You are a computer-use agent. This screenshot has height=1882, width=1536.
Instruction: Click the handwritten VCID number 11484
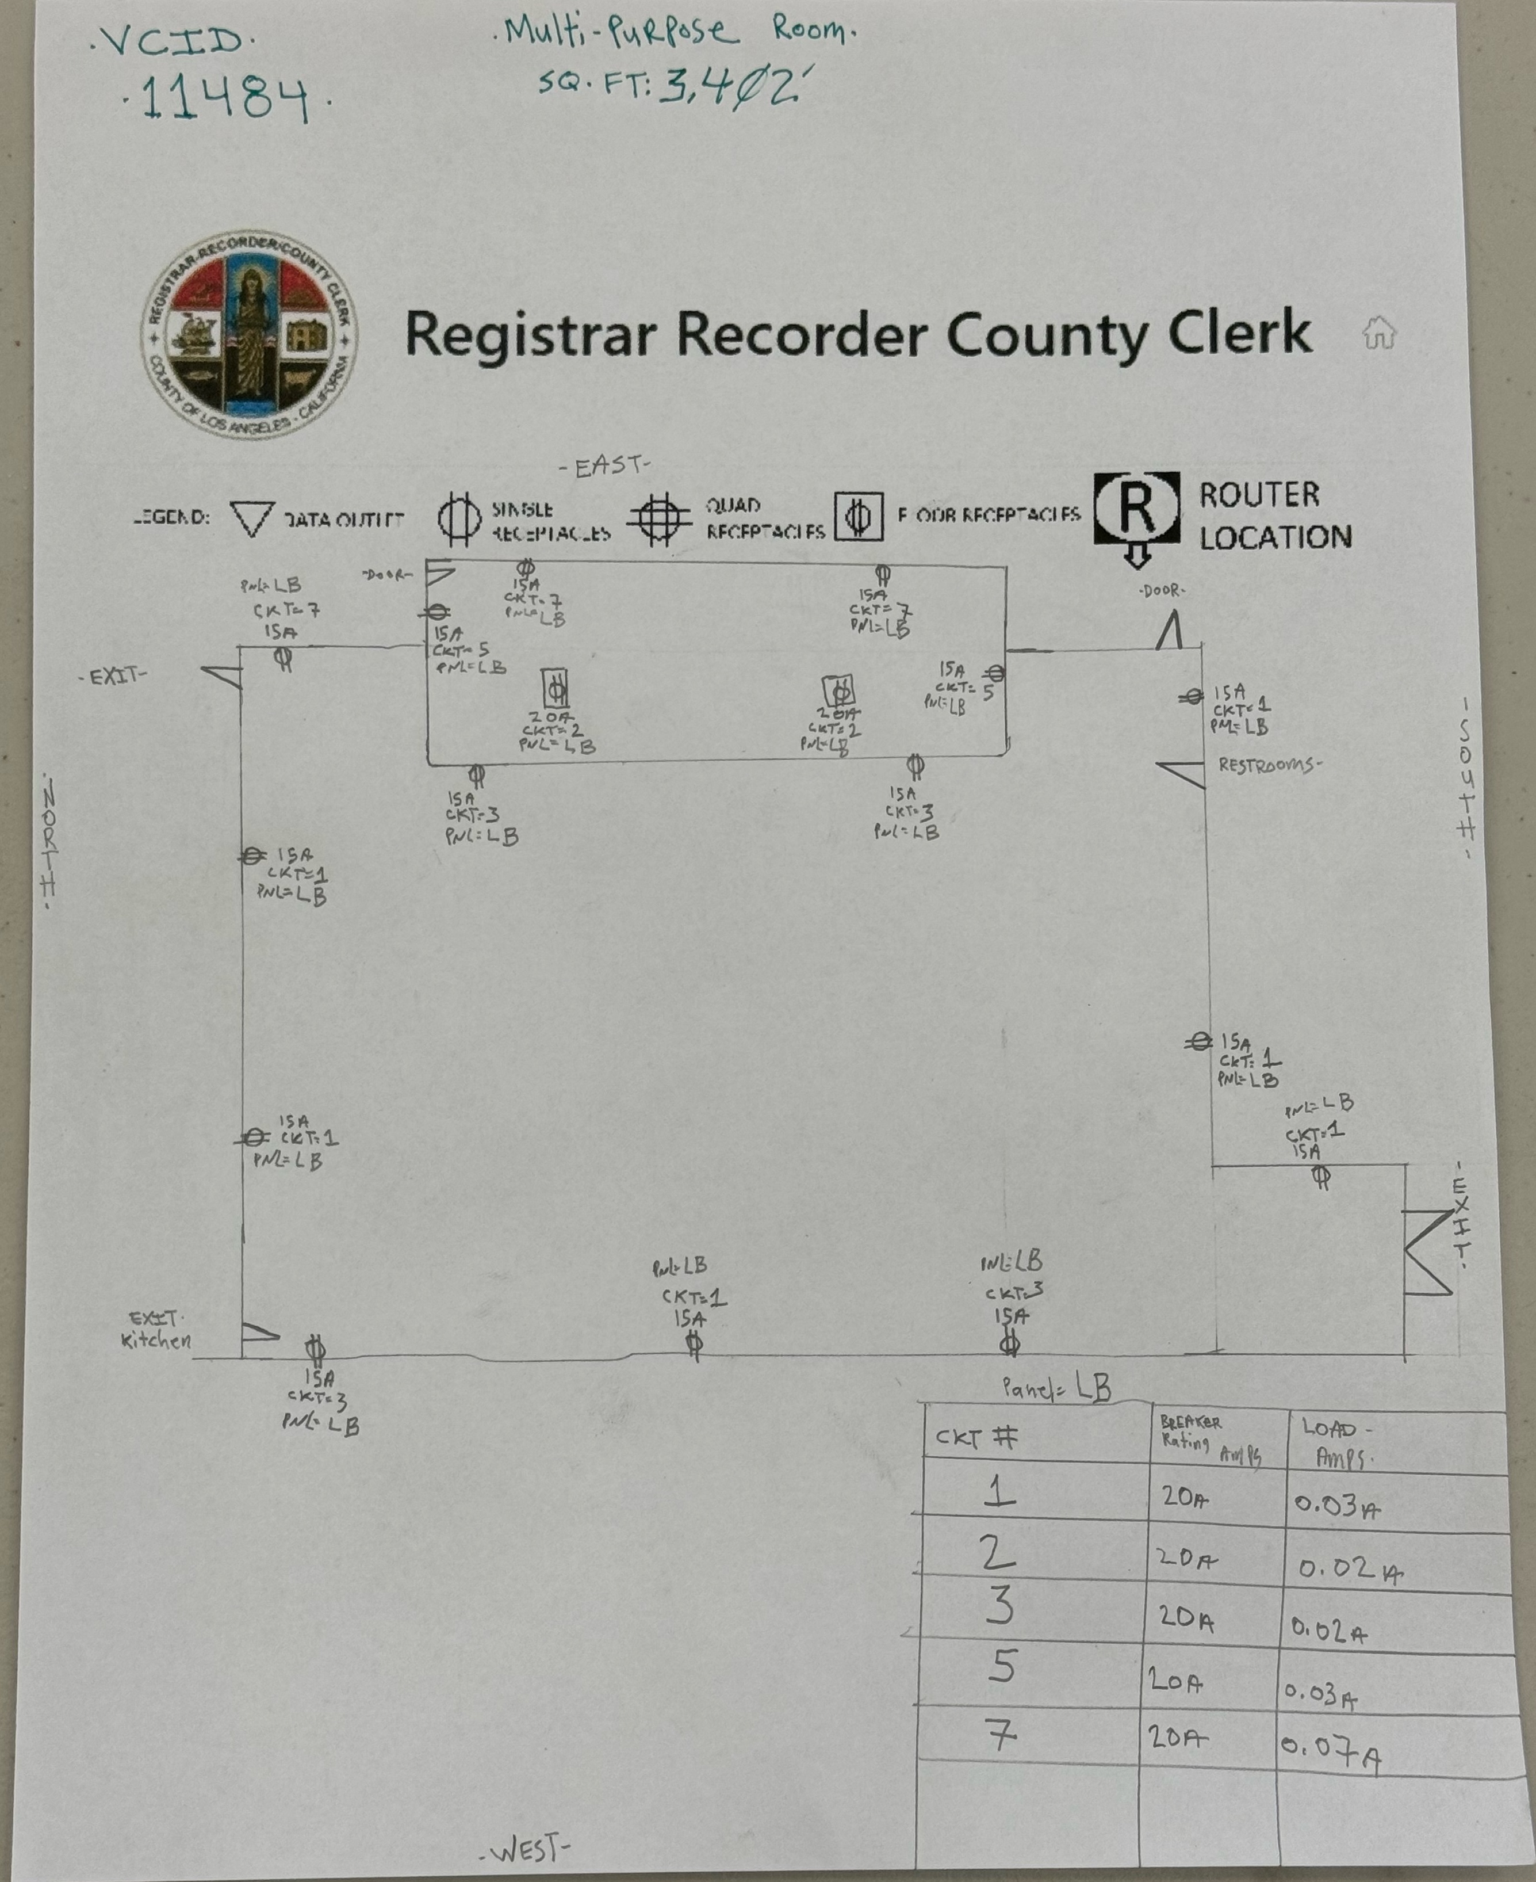click(x=225, y=97)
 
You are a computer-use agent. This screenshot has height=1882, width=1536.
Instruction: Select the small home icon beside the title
click(x=1378, y=333)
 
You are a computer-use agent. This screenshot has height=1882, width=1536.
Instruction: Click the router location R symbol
click(x=1137, y=511)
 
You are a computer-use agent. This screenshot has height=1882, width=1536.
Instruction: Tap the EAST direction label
click(x=605, y=467)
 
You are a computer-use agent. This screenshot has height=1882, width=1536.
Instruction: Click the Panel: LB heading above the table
click(x=1056, y=1387)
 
